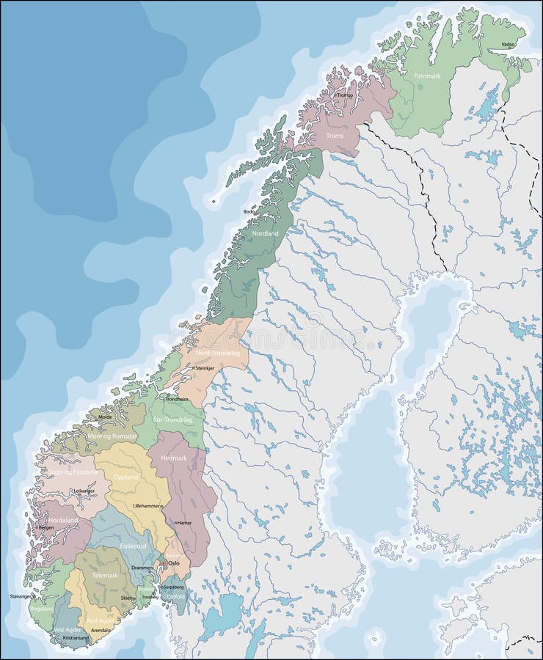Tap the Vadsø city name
pos(508,44)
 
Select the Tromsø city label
pos(344,95)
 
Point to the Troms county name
pos(335,136)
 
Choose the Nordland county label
pos(265,233)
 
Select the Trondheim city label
pos(177,399)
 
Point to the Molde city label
pos(105,416)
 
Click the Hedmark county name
pos(174,458)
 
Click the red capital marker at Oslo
pos(164,563)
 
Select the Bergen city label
pos(45,527)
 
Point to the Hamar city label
pos(184,523)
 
